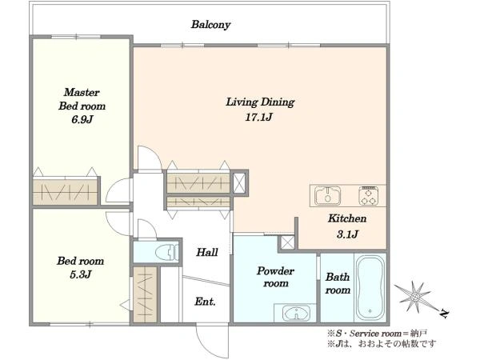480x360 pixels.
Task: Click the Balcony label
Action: coord(210,25)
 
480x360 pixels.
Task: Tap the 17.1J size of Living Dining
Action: coord(258,117)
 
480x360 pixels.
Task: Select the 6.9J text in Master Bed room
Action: coord(82,119)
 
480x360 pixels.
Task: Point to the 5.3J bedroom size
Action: coord(81,274)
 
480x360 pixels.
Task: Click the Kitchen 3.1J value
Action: coord(347,234)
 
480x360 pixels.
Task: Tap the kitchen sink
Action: coord(328,195)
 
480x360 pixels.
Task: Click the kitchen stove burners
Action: coord(368,195)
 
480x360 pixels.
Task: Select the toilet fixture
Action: coord(167,252)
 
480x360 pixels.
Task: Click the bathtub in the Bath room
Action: coord(370,287)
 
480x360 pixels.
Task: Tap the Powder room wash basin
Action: coord(296,313)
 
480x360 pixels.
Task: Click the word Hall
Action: coord(207,252)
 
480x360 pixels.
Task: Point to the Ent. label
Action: coord(205,302)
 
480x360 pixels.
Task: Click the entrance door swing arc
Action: coord(203,346)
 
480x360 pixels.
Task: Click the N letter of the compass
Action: coord(444,314)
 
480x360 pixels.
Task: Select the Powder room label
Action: coord(275,277)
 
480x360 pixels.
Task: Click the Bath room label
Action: coord(338,283)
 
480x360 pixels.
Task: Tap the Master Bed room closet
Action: coord(66,191)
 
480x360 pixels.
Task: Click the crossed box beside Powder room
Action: coord(287,242)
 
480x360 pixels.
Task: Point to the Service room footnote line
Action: coord(377,333)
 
